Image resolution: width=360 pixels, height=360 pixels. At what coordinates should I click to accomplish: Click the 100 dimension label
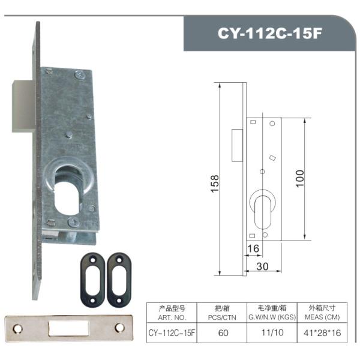pyautogui.click(x=299, y=178)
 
